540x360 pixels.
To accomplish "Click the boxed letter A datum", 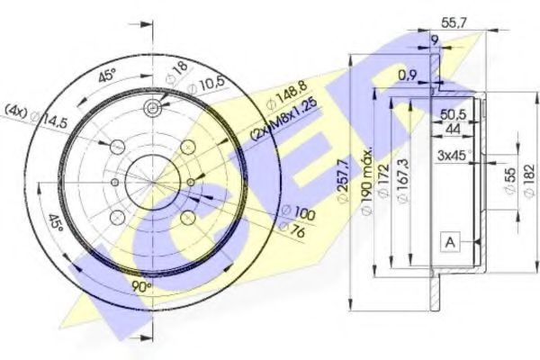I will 448,240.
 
